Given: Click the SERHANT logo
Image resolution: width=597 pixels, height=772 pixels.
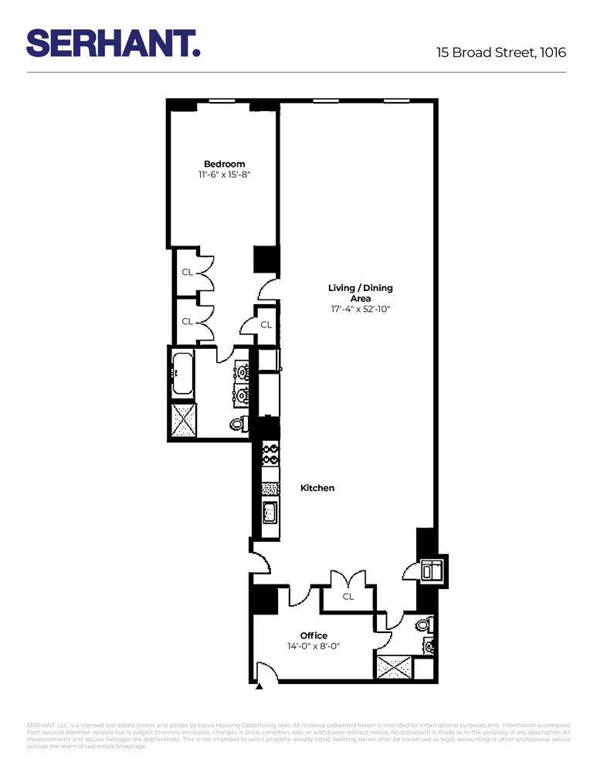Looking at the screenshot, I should coord(114,42).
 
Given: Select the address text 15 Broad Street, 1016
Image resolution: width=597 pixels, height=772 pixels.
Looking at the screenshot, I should coord(500,52).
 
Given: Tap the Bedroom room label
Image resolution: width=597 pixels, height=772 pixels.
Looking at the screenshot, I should coord(224,164).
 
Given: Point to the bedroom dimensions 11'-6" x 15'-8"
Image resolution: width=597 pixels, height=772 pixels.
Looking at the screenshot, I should coord(224,174).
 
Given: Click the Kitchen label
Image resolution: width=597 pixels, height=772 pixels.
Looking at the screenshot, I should coord(317,488).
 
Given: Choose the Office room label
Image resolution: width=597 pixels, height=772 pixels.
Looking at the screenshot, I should coord(314,635).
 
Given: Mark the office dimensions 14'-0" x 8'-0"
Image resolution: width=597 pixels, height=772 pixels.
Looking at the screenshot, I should coord(314,646).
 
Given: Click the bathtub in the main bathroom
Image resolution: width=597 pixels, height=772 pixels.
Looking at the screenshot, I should coord(182,374).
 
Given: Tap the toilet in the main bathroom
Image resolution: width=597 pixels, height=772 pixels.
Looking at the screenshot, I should coord(239,423).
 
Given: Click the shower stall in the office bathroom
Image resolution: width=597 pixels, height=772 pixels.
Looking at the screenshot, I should coord(393,666).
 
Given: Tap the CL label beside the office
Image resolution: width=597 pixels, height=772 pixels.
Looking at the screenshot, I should coord(348,597).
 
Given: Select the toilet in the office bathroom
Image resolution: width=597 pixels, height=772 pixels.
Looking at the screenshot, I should coord(422,624).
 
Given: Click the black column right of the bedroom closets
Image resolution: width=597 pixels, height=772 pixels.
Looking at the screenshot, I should coord(266,259).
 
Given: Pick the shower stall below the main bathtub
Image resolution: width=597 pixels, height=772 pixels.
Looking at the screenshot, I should coord(184,421).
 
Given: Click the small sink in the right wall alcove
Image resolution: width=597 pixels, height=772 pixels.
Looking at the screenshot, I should coord(429,571).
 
